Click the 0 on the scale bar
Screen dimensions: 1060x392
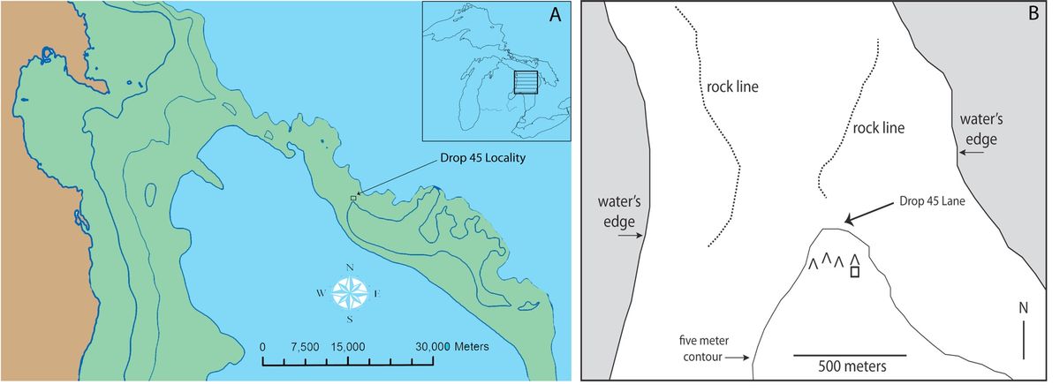(x=262, y=346)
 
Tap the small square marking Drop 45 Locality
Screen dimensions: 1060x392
(x=352, y=199)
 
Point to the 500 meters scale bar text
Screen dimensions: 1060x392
(x=839, y=365)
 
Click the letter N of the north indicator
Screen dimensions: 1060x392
(x=1023, y=308)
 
